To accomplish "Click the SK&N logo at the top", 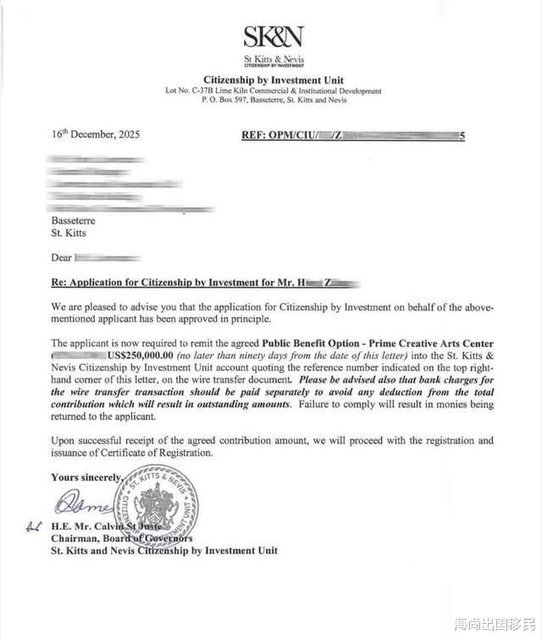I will (273, 36).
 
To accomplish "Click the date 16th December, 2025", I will (96, 135).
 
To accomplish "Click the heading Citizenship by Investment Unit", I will (273, 80).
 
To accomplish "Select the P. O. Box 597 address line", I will (273, 100).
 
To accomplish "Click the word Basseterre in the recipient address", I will (74, 220).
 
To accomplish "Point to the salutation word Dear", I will (62, 256).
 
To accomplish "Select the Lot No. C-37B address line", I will (273, 91).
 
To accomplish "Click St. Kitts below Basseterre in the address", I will (69, 232).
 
